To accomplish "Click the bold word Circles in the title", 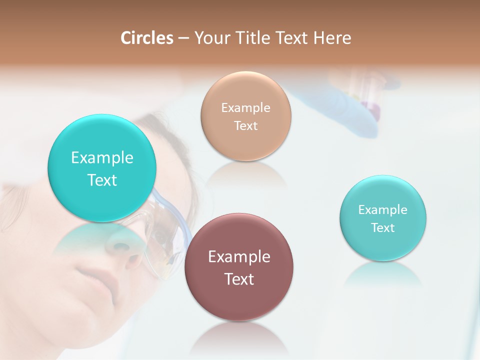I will point(147,38).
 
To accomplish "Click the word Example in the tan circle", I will point(246,107).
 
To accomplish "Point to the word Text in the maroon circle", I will point(239,279).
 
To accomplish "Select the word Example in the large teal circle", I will point(102,158).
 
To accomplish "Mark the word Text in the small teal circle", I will point(383,228).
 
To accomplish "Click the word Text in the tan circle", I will point(246,125).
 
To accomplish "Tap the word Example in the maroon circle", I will point(239,257).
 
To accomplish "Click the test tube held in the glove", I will point(372,95).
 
